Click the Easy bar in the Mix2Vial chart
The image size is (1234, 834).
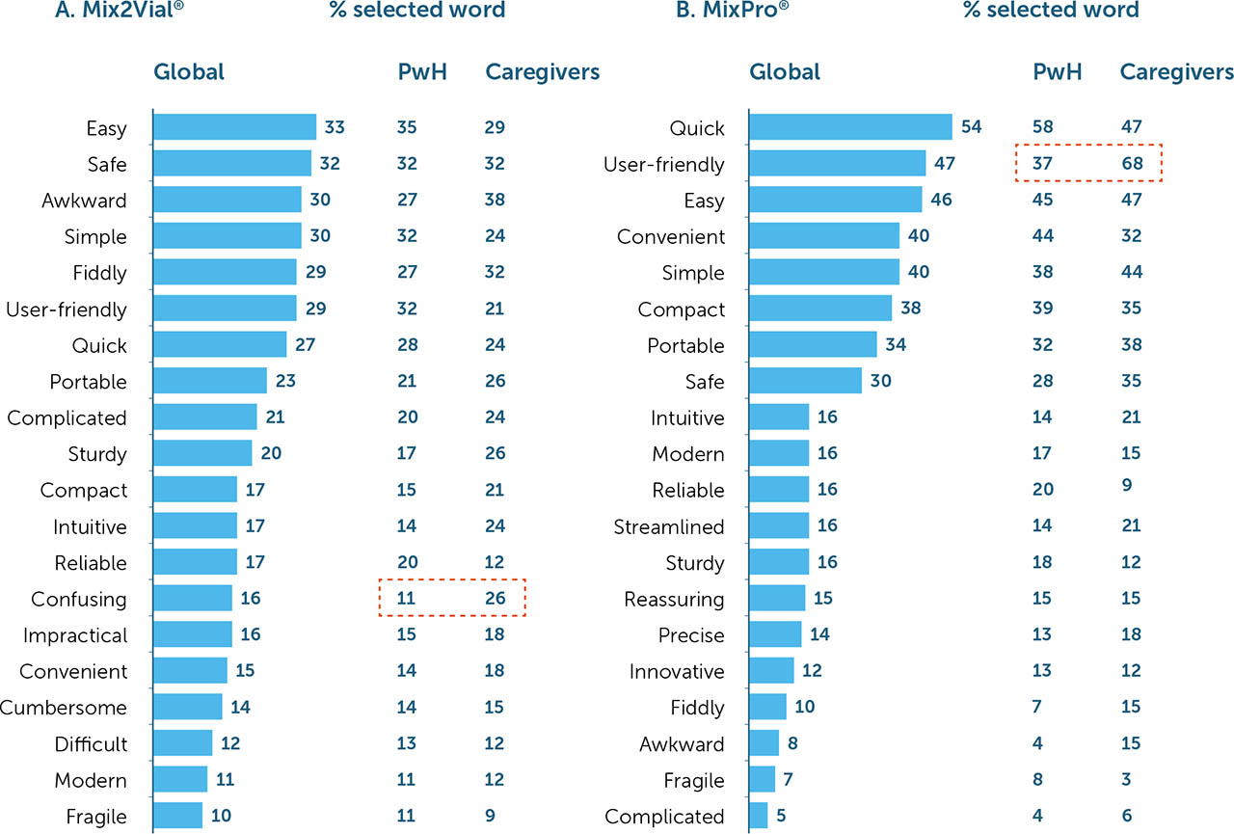[x=234, y=127]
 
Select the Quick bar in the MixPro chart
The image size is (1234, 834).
[x=850, y=127]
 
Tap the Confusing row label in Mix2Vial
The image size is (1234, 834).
[x=79, y=599]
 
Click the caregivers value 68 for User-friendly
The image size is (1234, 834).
[x=1132, y=164]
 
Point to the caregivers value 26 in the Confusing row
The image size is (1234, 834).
[x=495, y=599]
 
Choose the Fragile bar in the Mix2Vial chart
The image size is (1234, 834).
[x=178, y=816]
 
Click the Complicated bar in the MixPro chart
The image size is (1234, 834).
[x=759, y=816]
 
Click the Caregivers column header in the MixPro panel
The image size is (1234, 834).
[x=1176, y=72]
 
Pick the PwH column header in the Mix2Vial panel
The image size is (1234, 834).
[x=421, y=72]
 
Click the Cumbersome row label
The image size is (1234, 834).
[x=64, y=708]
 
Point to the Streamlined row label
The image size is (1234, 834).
[x=669, y=526]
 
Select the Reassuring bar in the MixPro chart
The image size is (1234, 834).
[x=777, y=599]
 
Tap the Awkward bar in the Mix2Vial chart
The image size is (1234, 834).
[x=228, y=200]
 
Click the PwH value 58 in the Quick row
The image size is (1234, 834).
[x=1043, y=127]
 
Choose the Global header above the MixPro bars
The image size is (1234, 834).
[x=785, y=72]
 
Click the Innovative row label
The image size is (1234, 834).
[x=677, y=671]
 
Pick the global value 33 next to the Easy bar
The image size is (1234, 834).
[x=335, y=127]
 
